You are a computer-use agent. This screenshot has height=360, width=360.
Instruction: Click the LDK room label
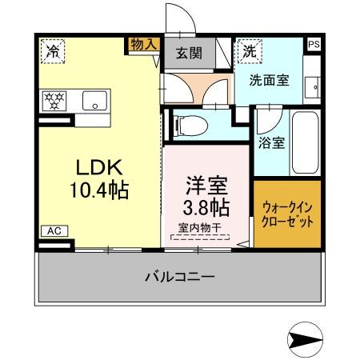click(98, 168)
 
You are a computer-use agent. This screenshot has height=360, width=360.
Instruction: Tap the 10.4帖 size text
click(98, 191)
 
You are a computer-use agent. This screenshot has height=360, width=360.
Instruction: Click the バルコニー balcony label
click(179, 278)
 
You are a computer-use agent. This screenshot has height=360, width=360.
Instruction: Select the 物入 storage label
click(143, 45)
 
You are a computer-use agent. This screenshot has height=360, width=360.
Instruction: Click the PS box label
click(314, 44)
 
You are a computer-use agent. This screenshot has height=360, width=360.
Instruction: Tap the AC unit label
click(54, 231)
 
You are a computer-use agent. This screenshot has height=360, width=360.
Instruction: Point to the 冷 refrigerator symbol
click(54, 50)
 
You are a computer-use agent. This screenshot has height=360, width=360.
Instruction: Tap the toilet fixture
click(183, 126)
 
